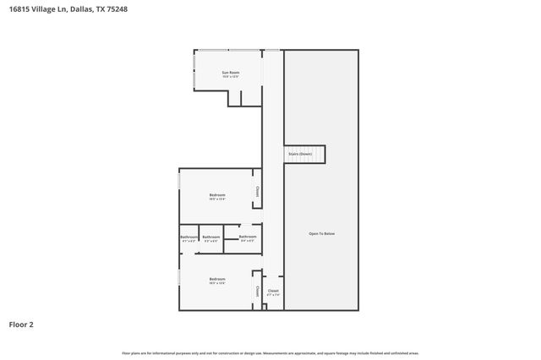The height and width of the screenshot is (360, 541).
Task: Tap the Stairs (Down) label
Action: click(300, 155)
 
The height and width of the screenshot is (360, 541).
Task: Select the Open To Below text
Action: click(322, 233)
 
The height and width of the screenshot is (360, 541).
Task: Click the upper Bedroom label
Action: click(217, 195)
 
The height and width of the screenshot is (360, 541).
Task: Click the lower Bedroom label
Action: click(217, 279)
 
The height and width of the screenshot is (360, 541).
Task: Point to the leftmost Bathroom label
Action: click(189, 237)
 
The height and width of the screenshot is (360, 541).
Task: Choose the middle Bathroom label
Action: click(211, 237)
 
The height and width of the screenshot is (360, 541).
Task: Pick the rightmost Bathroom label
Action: click(248, 237)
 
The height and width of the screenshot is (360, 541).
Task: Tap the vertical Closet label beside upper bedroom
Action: click(256, 193)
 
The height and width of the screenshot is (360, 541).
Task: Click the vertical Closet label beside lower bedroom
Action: click(256, 292)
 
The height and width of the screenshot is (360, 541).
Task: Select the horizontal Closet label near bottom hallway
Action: click(273, 291)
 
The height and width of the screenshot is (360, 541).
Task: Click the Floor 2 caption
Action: click(21, 324)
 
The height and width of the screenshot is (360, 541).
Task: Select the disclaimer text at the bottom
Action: click(270, 353)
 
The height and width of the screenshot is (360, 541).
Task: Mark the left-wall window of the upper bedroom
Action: click(179, 182)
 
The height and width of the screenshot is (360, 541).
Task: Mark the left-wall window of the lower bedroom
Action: click(179, 277)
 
